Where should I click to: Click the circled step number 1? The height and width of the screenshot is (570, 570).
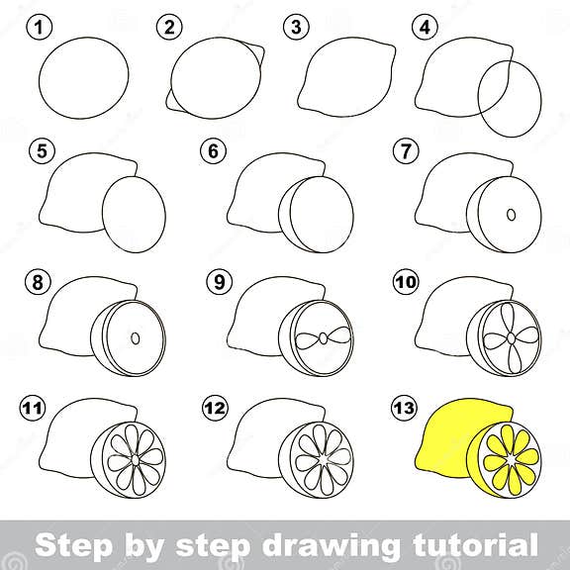coord(38,28)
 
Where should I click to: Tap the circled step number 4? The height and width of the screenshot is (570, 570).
coord(427,28)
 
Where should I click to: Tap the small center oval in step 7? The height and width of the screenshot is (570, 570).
coord(511,214)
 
